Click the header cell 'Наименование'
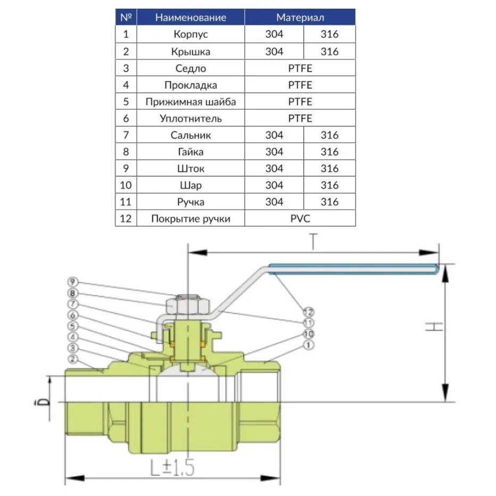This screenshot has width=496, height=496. coord(191,18)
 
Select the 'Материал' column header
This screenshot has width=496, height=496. coord(300,18)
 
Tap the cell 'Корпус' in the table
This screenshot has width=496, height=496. coord(191,35)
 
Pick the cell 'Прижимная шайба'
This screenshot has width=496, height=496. coord(191,102)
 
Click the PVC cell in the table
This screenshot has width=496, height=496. coord(300,219)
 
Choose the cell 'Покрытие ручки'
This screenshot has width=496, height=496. coord(191,219)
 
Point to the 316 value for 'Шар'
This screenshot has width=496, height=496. coord(330,186)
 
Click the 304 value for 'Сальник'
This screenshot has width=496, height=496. coord(274,135)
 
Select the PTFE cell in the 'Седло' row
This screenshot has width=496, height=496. coord(300,68)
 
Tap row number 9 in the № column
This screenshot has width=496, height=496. coord(126,169)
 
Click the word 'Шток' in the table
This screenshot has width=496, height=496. coord(191,169)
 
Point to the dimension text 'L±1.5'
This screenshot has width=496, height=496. coord(172,468)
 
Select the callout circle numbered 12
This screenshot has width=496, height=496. coord(307,312)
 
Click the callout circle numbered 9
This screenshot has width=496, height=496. coord(73,282)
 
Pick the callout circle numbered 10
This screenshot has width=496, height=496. coord(307,334)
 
